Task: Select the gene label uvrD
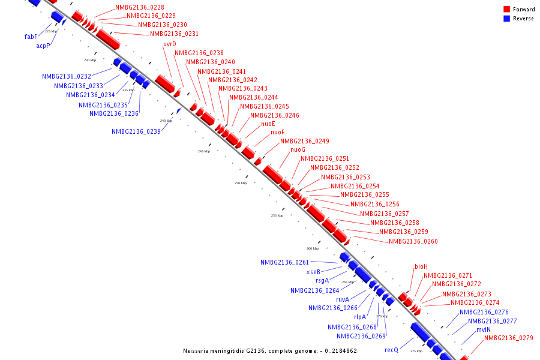(x=170, y=44)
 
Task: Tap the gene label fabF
(x=31, y=37)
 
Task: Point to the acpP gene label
(x=43, y=45)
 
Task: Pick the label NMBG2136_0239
(x=136, y=131)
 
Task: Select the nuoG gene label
(x=298, y=149)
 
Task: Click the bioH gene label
(x=421, y=266)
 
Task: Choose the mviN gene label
(x=484, y=329)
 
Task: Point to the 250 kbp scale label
(x=240, y=183)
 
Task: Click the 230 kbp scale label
(x=90, y=60)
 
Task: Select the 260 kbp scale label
(x=313, y=248)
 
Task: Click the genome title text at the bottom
(x=270, y=351)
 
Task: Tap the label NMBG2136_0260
(x=413, y=241)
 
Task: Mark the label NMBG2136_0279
(x=509, y=338)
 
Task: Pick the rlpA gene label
(x=360, y=317)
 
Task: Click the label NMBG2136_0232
(x=67, y=76)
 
